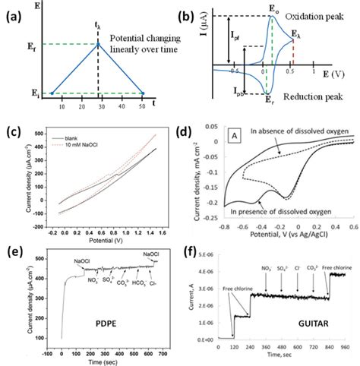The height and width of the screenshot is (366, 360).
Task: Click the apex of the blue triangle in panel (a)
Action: [x=98, y=43]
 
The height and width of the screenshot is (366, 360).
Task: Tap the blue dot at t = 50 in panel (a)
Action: [x=144, y=93]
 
